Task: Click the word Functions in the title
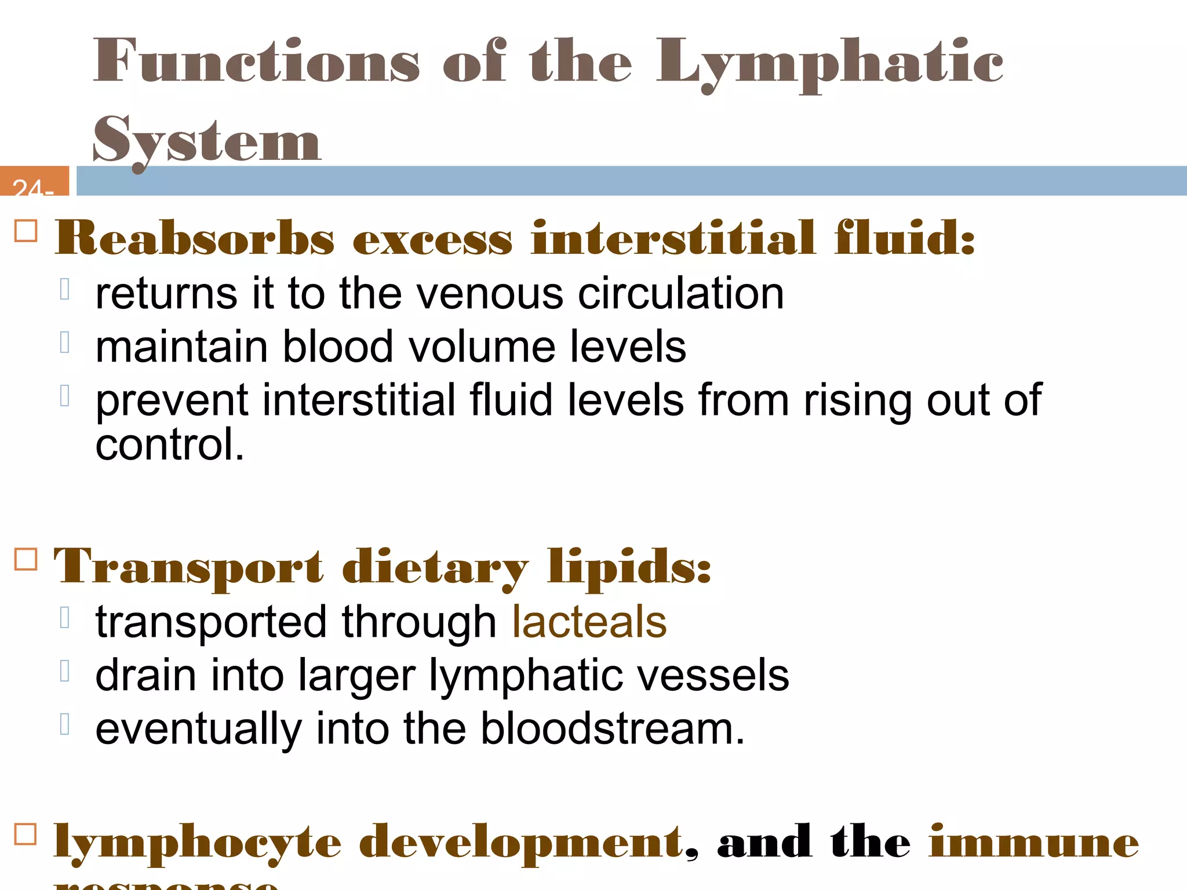tap(256, 61)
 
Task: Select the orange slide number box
tap(34, 181)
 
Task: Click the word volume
tap(482, 346)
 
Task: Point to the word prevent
tap(172, 401)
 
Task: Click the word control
tap(169, 445)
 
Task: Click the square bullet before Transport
tap(26, 559)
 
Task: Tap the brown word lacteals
tap(589, 622)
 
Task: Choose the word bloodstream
tap(613, 729)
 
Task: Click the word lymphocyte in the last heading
tap(198, 843)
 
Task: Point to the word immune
tap(1034, 843)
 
